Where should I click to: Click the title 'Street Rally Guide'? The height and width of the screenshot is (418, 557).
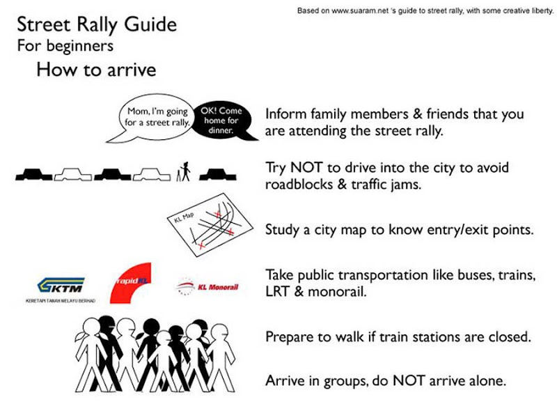tap(96, 26)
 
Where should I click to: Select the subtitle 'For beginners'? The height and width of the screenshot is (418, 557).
tap(65, 47)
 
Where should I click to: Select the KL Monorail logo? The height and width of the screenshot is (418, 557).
tap(208, 286)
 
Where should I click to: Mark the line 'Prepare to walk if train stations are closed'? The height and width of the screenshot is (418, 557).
tap(398, 337)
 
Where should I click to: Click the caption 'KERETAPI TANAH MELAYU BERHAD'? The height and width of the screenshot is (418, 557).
tap(65, 301)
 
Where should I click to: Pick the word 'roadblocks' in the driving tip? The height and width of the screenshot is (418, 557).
tap(299, 185)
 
